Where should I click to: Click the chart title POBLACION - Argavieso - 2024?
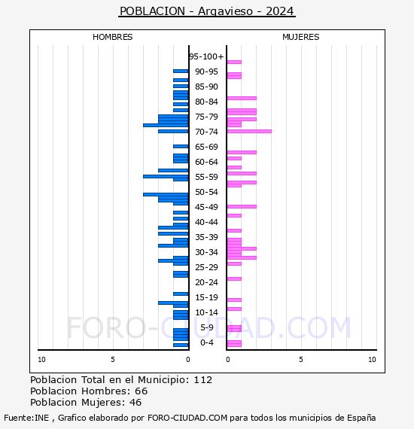pos(207,11)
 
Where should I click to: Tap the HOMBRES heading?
pos(112,37)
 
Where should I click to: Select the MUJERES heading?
pos(301,37)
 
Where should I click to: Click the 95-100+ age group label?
pos(206,56)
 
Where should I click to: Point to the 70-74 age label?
pos(206,132)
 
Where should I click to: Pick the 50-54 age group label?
pos(206,192)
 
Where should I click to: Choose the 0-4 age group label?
pos(207,342)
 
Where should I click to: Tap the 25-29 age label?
pos(206,267)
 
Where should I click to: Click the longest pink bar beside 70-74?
pos(249,131)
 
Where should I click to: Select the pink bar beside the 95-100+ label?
pos(234,62)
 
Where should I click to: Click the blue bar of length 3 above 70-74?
pos(166,125)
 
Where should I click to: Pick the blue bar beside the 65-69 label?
pos(181,146)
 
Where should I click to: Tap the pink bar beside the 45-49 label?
pos(242,206)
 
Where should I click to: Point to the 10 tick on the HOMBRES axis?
pos(41,360)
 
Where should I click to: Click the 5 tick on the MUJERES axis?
pos(301,360)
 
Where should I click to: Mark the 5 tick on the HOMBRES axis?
pos(113,360)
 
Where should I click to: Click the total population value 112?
pos(202,380)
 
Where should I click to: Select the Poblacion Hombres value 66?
pos(142,391)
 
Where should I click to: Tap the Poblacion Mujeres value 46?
pos(135,402)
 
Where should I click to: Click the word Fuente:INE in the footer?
pos(26,418)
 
